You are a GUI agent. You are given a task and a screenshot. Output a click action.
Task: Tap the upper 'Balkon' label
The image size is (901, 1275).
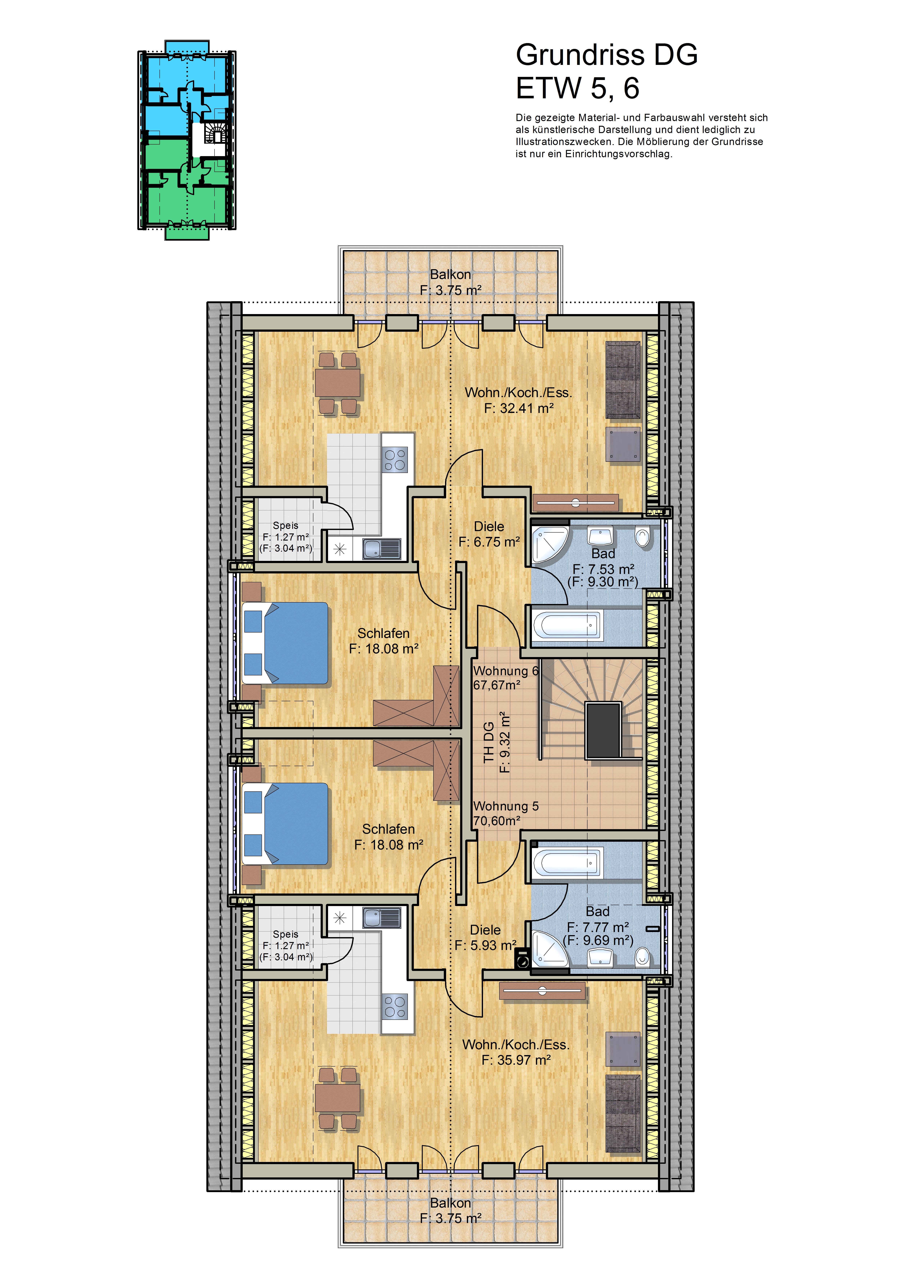450,274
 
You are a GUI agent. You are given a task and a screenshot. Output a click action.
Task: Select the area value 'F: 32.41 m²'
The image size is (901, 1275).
518,408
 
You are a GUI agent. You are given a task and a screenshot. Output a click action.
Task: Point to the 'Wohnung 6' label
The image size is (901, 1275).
505,671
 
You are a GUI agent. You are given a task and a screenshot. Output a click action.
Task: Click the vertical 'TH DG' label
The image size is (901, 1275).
488,742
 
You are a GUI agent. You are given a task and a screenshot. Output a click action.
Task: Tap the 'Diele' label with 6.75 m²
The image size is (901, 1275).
489,526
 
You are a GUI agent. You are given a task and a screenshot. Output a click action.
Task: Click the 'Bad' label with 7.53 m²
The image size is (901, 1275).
603,554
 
